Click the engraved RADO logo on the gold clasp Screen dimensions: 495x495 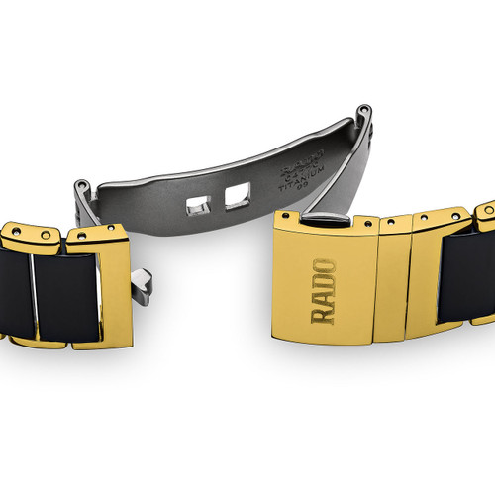click(324, 291)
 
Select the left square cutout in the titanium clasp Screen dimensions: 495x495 click(198, 206)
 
